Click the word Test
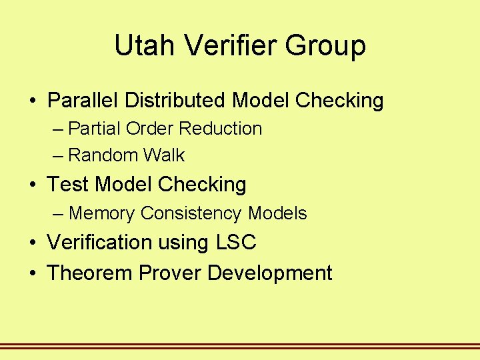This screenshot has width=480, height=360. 68,184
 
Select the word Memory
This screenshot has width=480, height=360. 102,213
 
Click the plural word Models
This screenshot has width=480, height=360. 277,213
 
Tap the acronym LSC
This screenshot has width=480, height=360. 236,242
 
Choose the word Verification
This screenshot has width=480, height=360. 95,242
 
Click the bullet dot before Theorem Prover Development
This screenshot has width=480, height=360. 32,273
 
